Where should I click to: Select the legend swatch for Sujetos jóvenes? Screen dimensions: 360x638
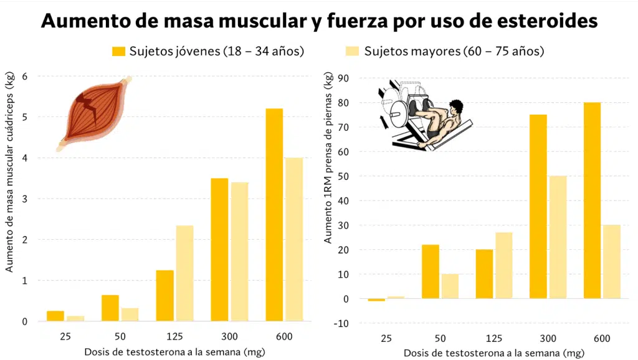(x=118, y=51)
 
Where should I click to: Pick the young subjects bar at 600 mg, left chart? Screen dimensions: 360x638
(x=274, y=215)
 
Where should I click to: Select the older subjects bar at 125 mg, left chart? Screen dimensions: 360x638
(x=185, y=273)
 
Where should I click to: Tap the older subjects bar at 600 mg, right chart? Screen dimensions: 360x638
(x=612, y=262)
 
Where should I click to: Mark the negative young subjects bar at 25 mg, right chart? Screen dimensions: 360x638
(x=376, y=300)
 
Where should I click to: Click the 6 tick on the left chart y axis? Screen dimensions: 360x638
(x=26, y=77)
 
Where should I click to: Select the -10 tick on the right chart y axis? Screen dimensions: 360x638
(x=341, y=323)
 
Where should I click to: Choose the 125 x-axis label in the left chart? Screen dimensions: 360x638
(x=175, y=337)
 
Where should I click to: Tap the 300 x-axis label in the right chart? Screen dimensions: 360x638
(x=548, y=338)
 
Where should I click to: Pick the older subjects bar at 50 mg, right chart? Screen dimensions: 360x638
(x=449, y=287)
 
